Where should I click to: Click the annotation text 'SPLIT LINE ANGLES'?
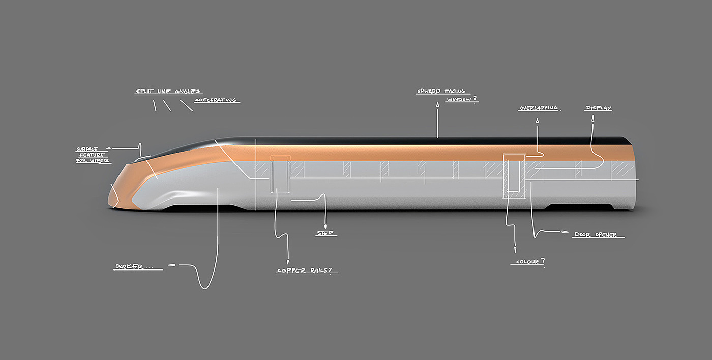click(168, 92)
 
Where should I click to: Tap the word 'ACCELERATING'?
click(216, 100)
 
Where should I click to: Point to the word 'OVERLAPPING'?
click(538, 108)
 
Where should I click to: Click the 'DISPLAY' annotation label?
click(598, 108)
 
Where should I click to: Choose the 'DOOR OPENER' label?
click(595, 235)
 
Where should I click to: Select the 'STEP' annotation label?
click(325, 233)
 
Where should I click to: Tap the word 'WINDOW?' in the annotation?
click(462, 100)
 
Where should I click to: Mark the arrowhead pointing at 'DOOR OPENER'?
click(566, 232)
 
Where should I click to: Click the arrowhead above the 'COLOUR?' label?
click(515, 250)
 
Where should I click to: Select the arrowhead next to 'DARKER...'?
click(171, 265)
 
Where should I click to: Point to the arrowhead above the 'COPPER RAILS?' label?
click(288, 260)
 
